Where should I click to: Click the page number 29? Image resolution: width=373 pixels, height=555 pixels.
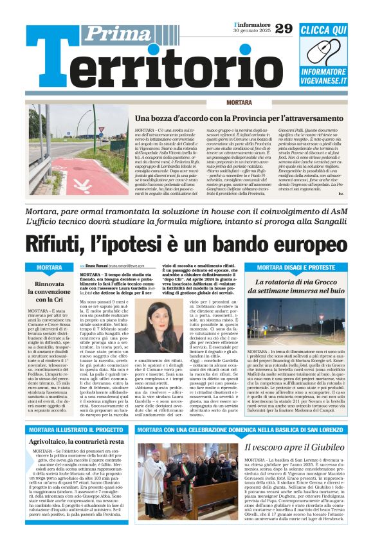pyautogui.click(x=284, y=28)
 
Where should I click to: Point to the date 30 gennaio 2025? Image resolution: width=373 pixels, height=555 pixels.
pyautogui.click(x=251, y=31)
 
